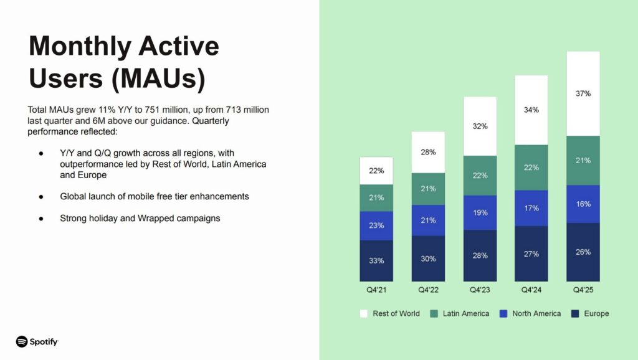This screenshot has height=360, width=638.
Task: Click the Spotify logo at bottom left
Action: (37, 341)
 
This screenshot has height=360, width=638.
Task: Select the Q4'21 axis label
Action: (376, 290)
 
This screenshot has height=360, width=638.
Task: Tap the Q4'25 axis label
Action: (583, 290)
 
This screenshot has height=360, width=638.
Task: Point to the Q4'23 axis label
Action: (479, 290)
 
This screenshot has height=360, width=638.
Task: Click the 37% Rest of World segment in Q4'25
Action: (583, 93)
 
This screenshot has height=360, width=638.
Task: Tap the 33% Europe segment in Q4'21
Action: (376, 260)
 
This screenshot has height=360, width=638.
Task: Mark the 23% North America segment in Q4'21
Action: (376, 225)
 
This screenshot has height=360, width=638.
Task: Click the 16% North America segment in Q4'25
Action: (583, 204)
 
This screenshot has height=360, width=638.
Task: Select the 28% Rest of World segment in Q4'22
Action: (428, 152)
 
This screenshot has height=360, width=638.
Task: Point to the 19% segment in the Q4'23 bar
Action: (480, 212)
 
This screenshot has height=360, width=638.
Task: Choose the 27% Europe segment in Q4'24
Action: (531, 253)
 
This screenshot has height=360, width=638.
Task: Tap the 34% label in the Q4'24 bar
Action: (531, 110)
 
